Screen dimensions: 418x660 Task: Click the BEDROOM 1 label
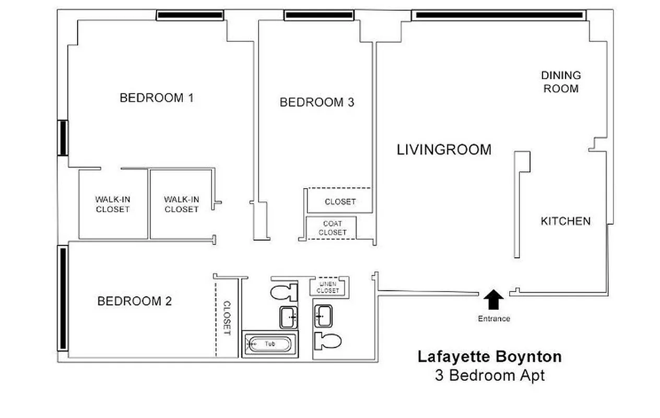tap(156, 98)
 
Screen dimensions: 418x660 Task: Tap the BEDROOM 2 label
tap(134, 301)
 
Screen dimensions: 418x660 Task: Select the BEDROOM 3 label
tap(316, 102)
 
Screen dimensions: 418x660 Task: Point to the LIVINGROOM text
tap(444, 150)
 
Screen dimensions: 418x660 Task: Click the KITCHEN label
tap(565, 221)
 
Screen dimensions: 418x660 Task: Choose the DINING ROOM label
tap(561, 82)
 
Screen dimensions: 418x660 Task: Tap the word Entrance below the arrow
tap(493, 319)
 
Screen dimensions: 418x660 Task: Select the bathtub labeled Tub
tap(269, 344)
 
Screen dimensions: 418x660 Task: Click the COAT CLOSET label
tap(332, 228)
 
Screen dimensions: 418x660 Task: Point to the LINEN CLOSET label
tap(328, 287)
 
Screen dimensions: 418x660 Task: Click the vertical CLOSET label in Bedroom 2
tap(227, 318)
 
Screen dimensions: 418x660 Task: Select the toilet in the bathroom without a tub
tap(327, 341)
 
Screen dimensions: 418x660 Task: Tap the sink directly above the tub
tap(288, 317)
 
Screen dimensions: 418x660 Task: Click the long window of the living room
tap(498, 16)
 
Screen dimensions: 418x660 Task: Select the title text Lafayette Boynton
tap(489, 357)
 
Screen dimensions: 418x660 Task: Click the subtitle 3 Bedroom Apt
tap(489, 375)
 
